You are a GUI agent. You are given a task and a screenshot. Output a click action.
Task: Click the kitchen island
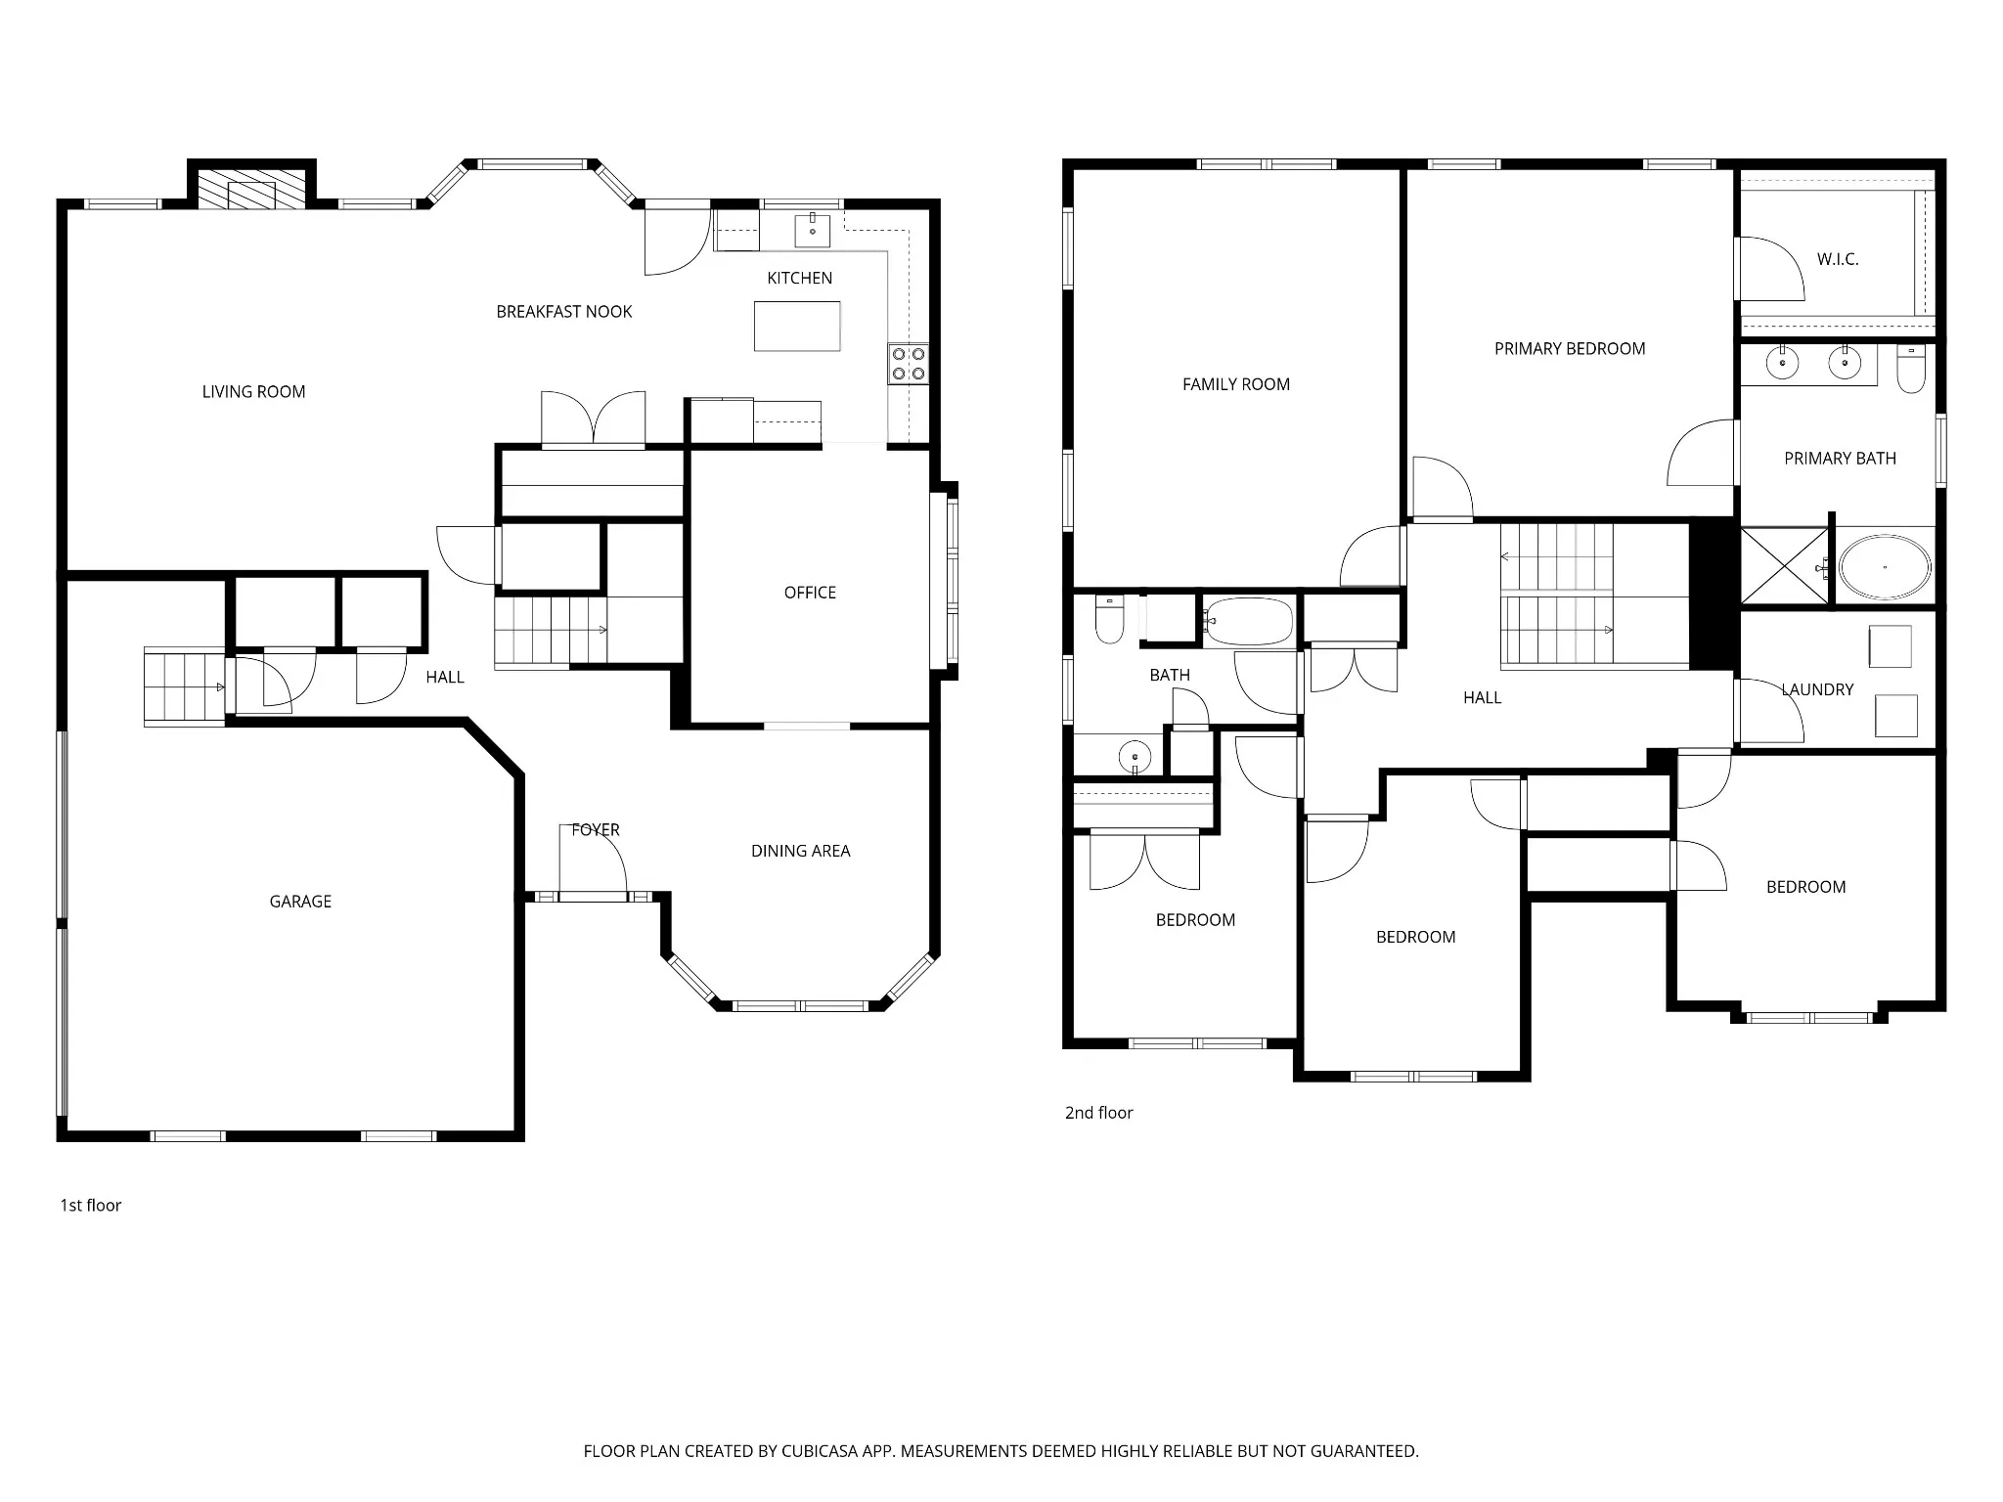(x=797, y=326)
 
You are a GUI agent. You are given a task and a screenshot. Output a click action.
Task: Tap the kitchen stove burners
(x=909, y=363)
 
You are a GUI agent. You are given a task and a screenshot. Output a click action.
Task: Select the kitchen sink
(x=812, y=230)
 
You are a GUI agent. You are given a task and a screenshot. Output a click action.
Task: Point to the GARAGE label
(x=300, y=902)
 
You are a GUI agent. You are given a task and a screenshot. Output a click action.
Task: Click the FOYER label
(x=596, y=830)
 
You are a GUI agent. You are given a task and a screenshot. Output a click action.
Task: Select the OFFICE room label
(x=810, y=593)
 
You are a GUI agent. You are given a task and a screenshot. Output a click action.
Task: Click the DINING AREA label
(x=800, y=851)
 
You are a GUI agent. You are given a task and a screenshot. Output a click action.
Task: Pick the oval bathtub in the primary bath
(x=1885, y=567)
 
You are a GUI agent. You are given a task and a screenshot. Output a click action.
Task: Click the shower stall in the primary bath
(x=1784, y=566)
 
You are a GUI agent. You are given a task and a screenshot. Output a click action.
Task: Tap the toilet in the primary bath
(x=1911, y=369)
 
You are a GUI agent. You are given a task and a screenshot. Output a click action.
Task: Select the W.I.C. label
(x=1838, y=259)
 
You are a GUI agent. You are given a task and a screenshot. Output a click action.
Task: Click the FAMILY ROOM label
(x=1236, y=384)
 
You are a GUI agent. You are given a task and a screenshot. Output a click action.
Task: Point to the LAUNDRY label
(x=1817, y=689)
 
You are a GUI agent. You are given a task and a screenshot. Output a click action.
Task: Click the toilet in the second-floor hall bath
(x=1110, y=619)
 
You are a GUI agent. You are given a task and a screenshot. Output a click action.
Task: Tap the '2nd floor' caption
(x=1098, y=1113)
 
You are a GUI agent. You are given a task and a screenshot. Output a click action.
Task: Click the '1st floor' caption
(x=91, y=1206)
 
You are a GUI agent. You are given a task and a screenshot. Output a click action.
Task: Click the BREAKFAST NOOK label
(x=564, y=312)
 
